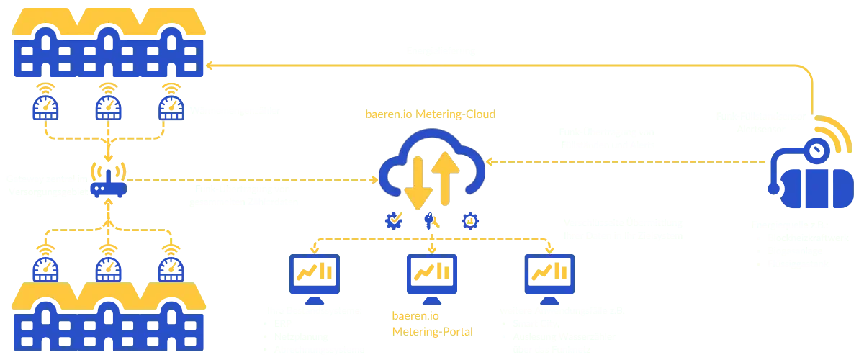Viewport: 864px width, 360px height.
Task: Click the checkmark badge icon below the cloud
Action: pyautogui.click(x=395, y=220)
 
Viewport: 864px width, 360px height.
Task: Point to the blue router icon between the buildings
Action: pyautogui.click(x=107, y=186)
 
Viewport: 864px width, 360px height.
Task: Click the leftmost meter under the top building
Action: pyautogui.click(x=45, y=107)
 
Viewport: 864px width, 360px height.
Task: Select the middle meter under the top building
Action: pyautogui.click(x=107, y=107)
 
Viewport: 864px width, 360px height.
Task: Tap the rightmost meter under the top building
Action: pyautogui.click(x=171, y=107)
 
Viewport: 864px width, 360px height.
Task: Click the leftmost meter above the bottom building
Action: pyautogui.click(x=45, y=268)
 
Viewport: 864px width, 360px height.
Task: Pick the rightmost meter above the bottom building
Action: pyautogui.click(x=171, y=268)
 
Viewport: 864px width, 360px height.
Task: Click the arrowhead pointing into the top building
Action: pyautogui.click(x=210, y=67)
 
